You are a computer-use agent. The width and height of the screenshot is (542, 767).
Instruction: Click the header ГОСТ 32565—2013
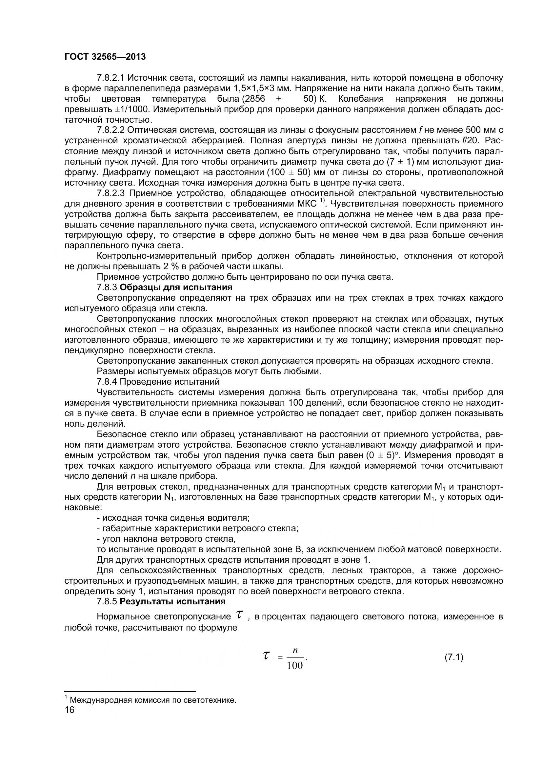[x=105, y=57]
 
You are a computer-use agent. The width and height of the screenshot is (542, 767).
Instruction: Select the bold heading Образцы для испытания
[x=176, y=287]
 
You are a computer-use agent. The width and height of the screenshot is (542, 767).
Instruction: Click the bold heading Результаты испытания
[x=172, y=602]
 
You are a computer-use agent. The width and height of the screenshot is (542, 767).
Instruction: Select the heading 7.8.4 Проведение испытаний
[x=158, y=381]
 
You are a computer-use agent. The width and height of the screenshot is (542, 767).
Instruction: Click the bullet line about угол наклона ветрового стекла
[x=166, y=539]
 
